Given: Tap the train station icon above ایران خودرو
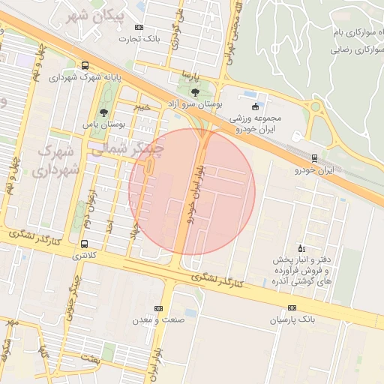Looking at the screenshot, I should tap(313, 157).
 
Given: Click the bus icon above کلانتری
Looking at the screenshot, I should tap(84, 244).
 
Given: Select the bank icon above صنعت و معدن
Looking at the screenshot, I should tap(158, 308).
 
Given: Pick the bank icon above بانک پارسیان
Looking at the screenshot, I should tap(292, 307).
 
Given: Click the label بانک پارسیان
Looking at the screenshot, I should tap(293, 320).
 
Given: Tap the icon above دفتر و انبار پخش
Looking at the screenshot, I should tap(301, 247).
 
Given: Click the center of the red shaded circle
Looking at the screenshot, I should tap(192, 192).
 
